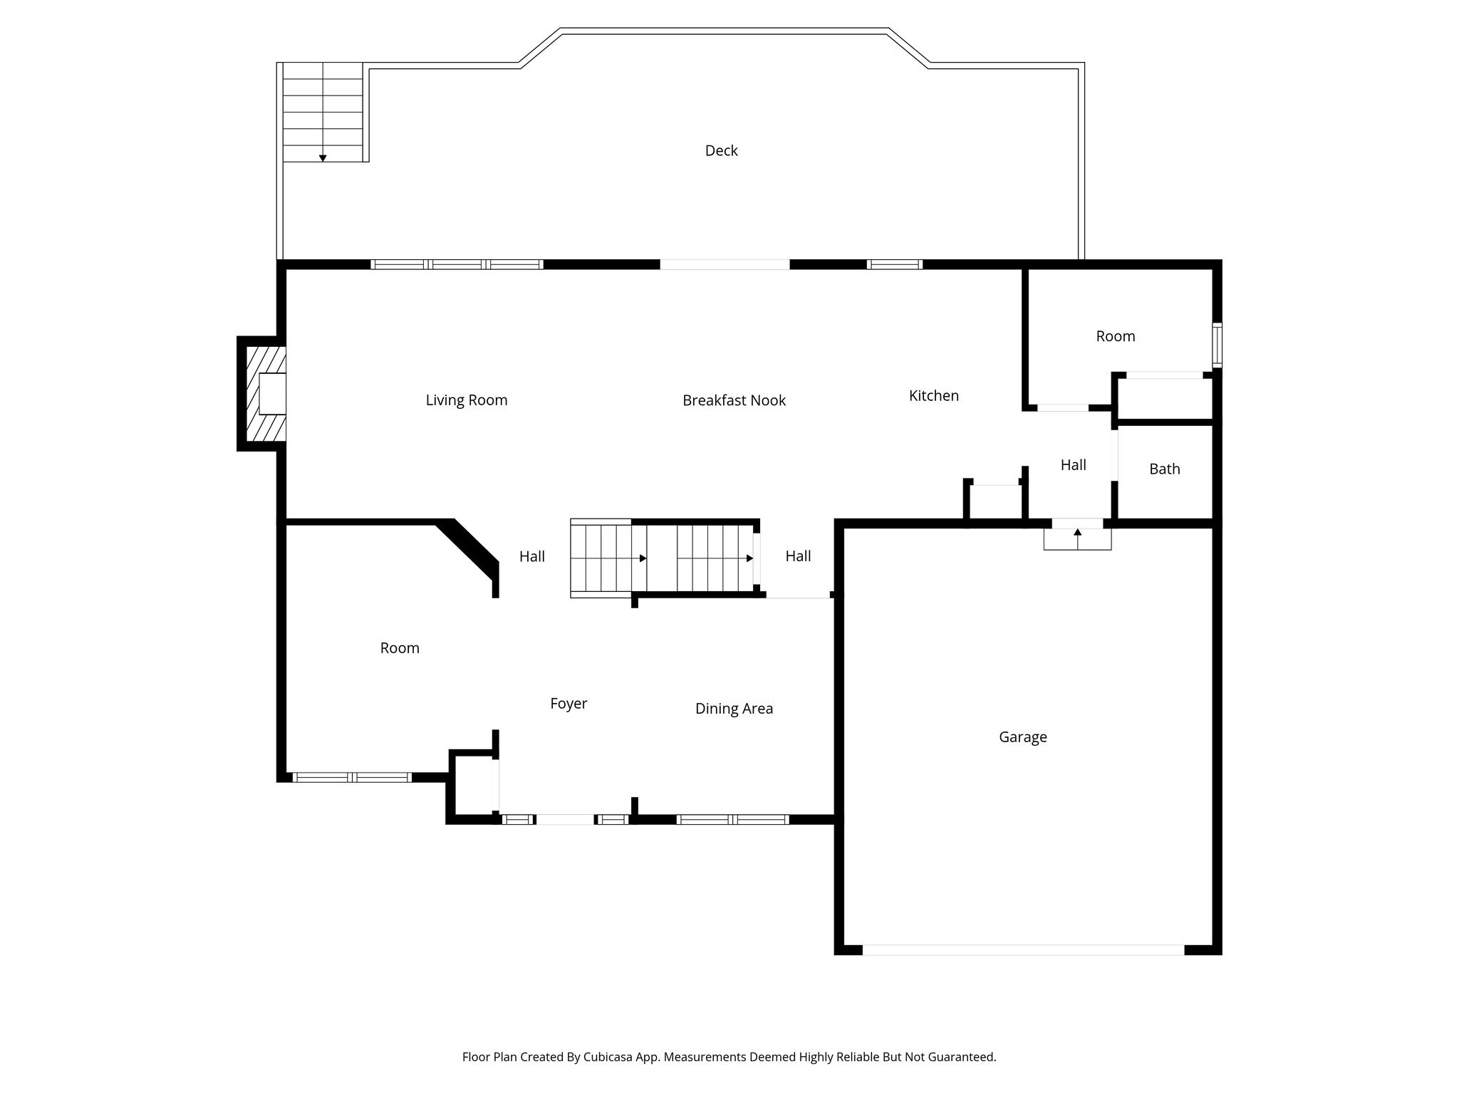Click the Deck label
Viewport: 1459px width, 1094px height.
click(721, 150)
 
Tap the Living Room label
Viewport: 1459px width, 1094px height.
click(467, 400)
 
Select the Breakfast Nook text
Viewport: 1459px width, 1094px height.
click(734, 400)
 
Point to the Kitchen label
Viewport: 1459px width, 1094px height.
click(933, 395)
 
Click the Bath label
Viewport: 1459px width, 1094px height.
click(1165, 469)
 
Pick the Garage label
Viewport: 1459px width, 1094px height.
click(1023, 737)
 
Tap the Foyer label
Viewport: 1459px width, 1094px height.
click(568, 704)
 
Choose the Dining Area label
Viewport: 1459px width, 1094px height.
click(734, 709)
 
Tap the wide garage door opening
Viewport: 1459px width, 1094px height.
click(1023, 950)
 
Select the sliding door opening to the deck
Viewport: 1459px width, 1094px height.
click(725, 264)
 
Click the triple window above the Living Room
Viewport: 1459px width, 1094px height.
click(457, 264)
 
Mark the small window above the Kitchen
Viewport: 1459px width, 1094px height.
click(895, 264)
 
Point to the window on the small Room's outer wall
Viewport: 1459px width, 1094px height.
click(1217, 345)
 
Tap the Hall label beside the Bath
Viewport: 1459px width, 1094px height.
click(1073, 465)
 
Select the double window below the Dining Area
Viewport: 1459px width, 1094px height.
click(732, 820)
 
